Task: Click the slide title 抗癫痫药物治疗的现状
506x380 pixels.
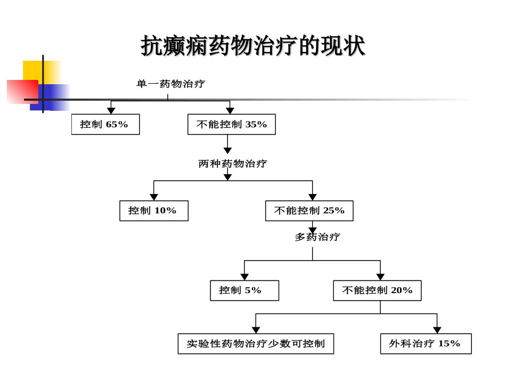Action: (x=253, y=46)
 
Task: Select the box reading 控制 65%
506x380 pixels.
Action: (x=105, y=124)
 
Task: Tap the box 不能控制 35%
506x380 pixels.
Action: (x=232, y=124)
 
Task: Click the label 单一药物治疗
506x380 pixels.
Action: (x=170, y=84)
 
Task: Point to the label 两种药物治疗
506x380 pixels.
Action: (x=232, y=164)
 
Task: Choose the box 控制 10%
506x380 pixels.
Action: (x=154, y=211)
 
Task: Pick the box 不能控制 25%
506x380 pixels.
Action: (x=309, y=211)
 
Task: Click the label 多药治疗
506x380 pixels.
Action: (x=317, y=237)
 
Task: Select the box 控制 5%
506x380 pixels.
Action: (x=244, y=290)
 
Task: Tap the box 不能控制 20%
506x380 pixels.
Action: (x=377, y=290)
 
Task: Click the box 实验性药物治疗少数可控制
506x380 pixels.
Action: (x=256, y=344)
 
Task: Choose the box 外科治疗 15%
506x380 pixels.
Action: (x=426, y=344)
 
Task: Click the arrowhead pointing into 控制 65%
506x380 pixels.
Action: (x=111, y=111)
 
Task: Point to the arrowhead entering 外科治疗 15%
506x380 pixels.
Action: (x=437, y=330)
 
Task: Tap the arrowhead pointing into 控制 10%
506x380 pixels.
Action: (x=154, y=197)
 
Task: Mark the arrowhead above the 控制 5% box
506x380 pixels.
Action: (x=244, y=277)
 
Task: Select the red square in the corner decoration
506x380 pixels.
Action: (x=21, y=91)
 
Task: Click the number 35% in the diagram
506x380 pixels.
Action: (x=256, y=124)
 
